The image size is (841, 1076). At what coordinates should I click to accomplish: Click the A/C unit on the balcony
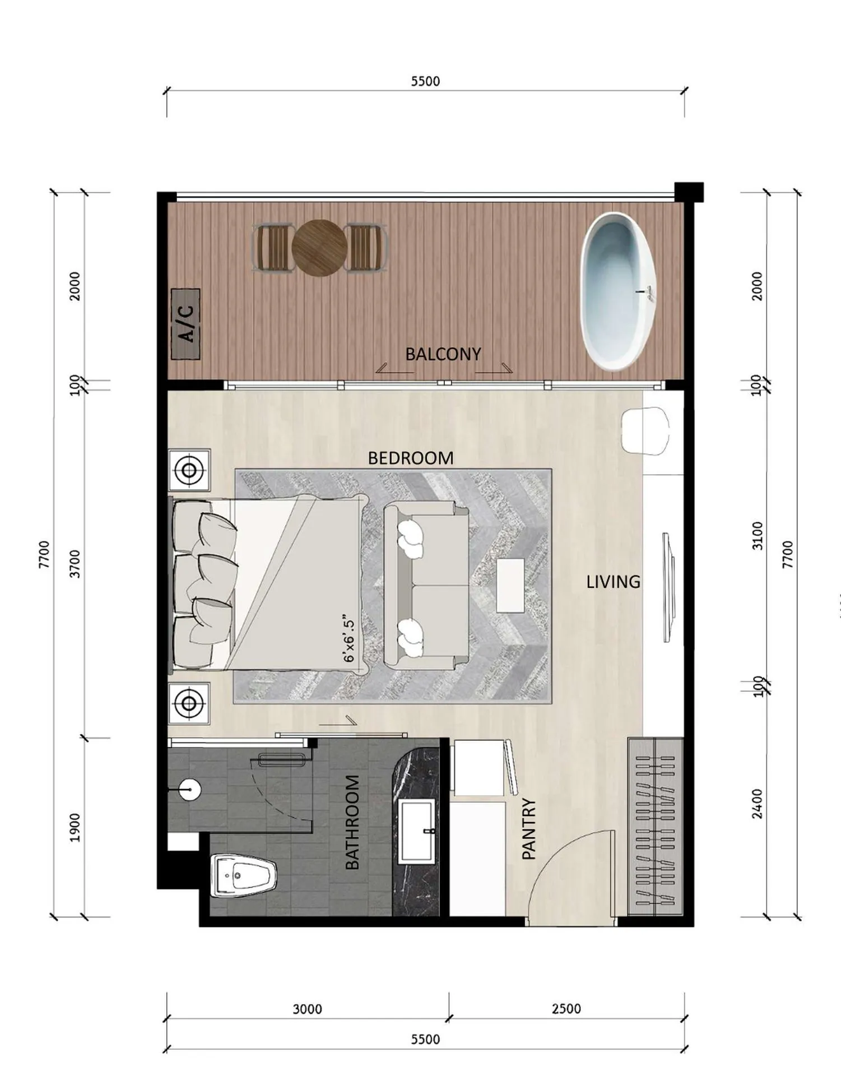pyautogui.click(x=185, y=324)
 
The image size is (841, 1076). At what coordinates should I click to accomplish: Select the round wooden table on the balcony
pyautogui.click(x=319, y=248)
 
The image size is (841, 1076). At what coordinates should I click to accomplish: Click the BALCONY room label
pyautogui.click(x=443, y=354)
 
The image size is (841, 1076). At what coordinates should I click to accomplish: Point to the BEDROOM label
pyautogui.click(x=411, y=458)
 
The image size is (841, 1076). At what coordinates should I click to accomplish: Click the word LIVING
pyautogui.click(x=613, y=582)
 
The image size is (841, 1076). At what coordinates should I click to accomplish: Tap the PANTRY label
pyautogui.click(x=529, y=829)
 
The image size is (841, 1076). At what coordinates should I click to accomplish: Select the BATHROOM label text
pyautogui.click(x=352, y=822)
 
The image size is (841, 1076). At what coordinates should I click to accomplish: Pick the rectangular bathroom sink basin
pyautogui.click(x=416, y=832)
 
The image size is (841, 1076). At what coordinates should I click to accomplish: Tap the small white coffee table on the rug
pyautogui.click(x=510, y=585)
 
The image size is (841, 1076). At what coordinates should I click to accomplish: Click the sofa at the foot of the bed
pyautogui.click(x=427, y=585)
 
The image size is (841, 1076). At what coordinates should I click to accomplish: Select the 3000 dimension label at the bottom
pyautogui.click(x=307, y=1009)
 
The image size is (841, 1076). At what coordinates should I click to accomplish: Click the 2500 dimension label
pyautogui.click(x=566, y=1009)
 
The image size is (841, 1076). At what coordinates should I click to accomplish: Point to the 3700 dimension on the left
pyautogui.click(x=75, y=564)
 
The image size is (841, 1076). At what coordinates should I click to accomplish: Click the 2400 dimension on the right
pyautogui.click(x=757, y=804)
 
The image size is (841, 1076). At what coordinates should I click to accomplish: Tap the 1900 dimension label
pyautogui.click(x=75, y=828)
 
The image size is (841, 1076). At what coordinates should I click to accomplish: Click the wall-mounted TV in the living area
pyautogui.click(x=668, y=587)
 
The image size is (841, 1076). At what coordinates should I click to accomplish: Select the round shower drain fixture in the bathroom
pyautogui.click(x=190, y=790)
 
